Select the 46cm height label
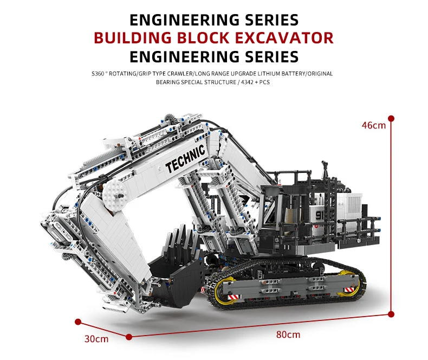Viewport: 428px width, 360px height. click(374, 125)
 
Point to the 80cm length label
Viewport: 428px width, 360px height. click(288, 335)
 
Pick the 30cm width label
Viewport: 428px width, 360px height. click(96, 339)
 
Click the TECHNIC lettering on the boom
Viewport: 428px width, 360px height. click(185, 158)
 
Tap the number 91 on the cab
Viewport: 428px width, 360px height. click(319, 216)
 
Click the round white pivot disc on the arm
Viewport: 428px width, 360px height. click(115, 190)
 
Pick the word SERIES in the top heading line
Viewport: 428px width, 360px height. click(264, 20)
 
